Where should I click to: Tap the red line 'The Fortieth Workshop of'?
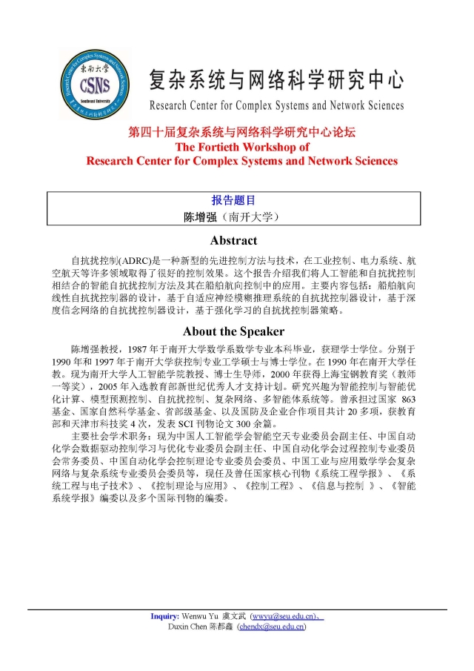241,147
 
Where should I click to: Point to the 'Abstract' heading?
234,240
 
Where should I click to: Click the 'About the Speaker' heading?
234,331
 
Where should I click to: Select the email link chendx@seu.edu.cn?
273,627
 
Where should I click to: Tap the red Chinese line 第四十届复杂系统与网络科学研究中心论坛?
241,133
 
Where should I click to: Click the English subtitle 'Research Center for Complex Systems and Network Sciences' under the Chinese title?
276,105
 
